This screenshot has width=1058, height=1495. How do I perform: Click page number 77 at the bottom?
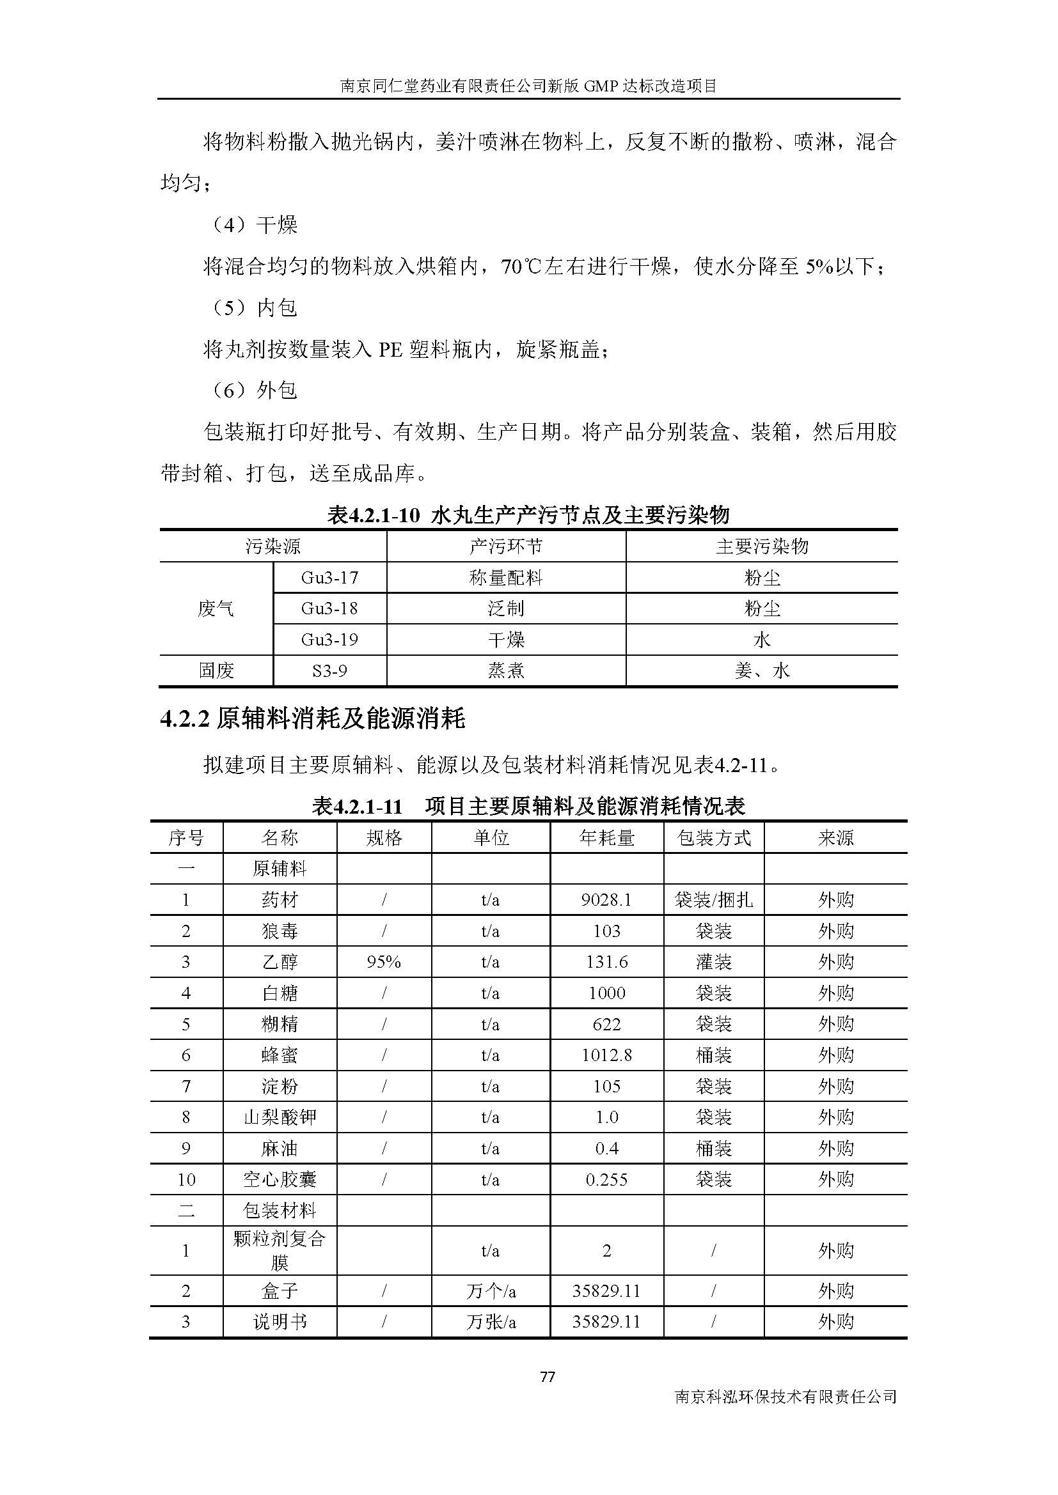548,1377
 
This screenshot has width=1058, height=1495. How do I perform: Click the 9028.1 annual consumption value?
606,900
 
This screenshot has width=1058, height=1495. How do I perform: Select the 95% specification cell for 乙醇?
384,962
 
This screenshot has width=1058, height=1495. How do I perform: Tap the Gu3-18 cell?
329,608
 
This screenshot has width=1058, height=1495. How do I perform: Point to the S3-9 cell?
329,670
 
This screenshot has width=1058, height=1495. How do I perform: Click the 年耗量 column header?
606,837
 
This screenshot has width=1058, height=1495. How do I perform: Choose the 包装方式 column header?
714,837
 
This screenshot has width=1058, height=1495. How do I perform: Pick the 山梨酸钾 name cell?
280,1117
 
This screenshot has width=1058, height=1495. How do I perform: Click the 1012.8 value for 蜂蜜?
606,1055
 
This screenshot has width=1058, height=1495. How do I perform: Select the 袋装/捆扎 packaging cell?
714,900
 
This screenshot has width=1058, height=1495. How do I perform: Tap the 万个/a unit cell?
491,1290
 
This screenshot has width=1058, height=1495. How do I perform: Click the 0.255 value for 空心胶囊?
606,1179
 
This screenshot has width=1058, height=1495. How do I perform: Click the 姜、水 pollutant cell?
762,670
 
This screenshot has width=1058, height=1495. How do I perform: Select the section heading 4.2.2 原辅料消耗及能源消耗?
313,719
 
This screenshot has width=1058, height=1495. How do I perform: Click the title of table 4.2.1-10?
528,515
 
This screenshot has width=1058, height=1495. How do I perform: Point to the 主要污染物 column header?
762,546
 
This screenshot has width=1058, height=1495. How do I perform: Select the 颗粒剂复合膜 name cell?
280,1250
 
